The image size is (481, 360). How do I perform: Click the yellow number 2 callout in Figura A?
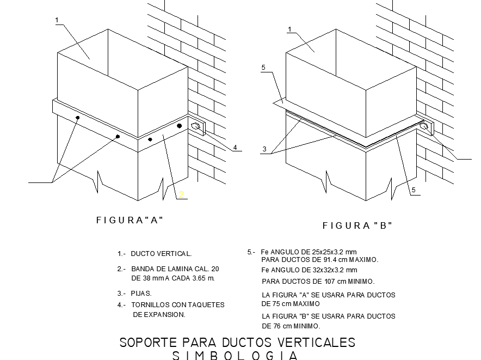click(x=182, y=194)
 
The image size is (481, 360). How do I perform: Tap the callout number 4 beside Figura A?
click(x=235, y=147)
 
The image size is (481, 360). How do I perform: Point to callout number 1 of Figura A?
click(x=57, y=21)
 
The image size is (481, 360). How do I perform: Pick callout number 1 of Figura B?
click(x=290, y=29)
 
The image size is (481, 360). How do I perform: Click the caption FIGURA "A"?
click(x=129, y=220)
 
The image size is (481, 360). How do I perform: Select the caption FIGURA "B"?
click(x=357, y=225)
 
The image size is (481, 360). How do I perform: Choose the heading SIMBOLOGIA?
click(x=235, y=356)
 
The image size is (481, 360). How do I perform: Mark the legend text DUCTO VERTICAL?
click(x=161, y=254)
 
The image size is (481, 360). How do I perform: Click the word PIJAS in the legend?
click(x=141, y=294)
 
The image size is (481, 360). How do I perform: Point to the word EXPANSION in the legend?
click(x=166, y=314)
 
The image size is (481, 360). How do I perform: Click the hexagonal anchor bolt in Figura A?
click(x=196, y=127)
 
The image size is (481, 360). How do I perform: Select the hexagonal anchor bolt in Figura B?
click(x=424, y=127)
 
